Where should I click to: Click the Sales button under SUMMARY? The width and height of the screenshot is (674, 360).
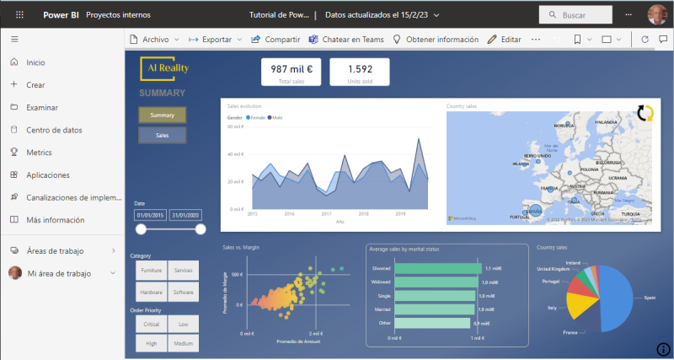162,135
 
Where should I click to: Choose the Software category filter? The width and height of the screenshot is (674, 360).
184,293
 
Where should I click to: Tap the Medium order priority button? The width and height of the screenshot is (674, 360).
184,343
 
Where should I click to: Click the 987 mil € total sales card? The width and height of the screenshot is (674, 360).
292,72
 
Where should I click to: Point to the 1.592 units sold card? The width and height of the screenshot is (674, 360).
360,72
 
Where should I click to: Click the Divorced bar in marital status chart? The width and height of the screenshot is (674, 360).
437,268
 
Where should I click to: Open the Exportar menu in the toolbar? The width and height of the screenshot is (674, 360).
215,40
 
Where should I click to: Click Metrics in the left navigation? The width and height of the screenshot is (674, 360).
39,153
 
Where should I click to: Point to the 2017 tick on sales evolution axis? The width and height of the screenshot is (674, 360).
326,214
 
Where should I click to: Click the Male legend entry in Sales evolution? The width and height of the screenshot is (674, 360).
275,118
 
